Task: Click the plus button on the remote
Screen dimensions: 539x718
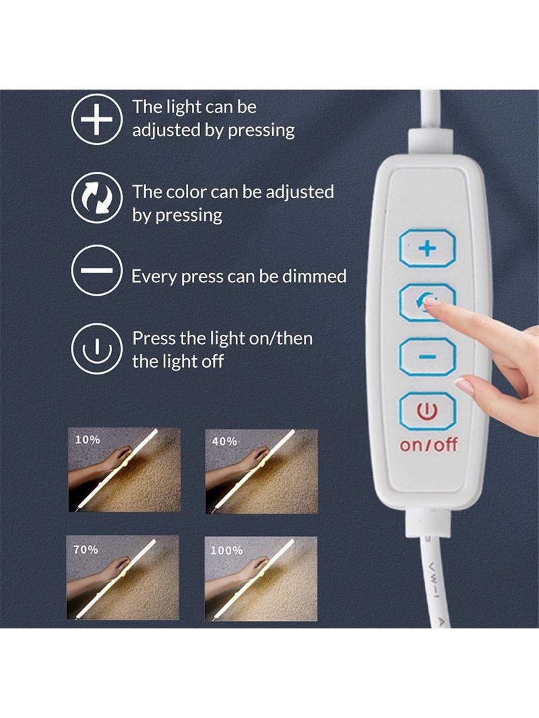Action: [427, 248]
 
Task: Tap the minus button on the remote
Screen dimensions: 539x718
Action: [427, 357]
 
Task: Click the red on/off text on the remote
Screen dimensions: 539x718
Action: [429, 445]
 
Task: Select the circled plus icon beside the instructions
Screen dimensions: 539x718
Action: [96, 119]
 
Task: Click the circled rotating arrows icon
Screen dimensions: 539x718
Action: [96, 197]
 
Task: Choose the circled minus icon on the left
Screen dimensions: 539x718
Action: [96, 270]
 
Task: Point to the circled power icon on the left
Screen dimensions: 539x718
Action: [96, 348]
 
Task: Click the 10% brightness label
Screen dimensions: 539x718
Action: [88, 440]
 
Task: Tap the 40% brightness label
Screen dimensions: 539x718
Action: [224, 441]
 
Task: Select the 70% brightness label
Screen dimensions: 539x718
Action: [86, 549]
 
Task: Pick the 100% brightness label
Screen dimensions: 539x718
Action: [226, 550]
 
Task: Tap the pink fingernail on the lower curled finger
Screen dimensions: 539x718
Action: [464, 385]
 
